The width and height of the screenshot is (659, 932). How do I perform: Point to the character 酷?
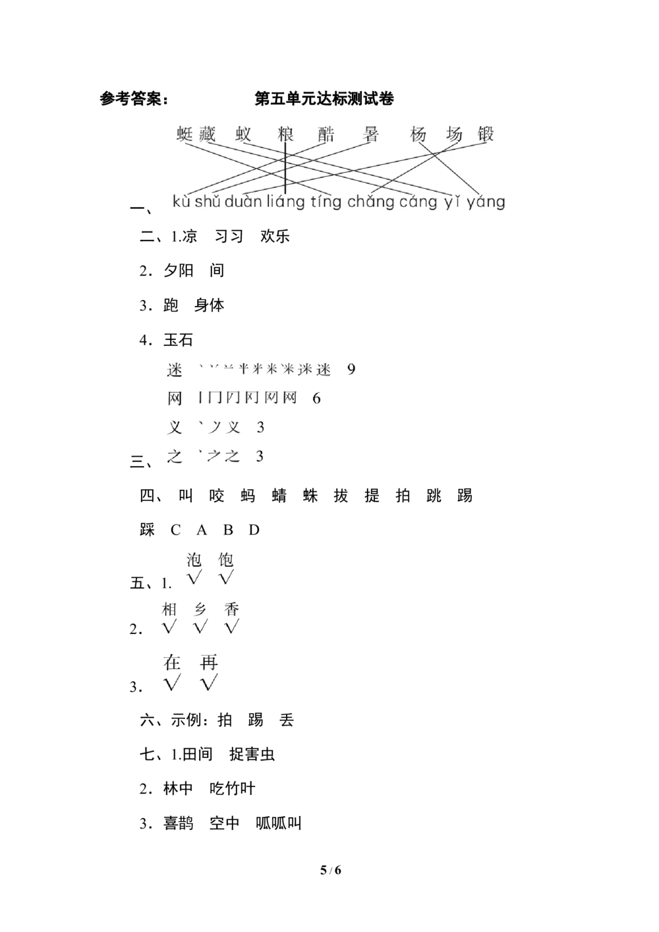click(326, 134)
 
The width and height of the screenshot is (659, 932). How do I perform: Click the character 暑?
click(371, 134)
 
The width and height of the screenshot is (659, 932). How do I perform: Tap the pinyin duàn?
click(243, 202)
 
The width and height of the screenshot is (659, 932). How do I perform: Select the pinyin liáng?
click(286, 202)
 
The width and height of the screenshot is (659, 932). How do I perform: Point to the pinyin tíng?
click(326, 202)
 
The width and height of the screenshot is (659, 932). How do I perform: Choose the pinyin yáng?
click(485, 202)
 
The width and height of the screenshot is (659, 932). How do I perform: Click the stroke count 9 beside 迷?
click(351, 369)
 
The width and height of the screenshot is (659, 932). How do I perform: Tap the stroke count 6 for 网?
click(316, 398)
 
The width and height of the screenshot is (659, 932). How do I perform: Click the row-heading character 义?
click(175, 427)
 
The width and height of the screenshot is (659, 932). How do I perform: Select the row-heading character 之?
click(175, 456)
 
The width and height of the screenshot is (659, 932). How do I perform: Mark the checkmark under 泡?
click(194, 578)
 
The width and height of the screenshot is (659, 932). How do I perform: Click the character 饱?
click(226, 560)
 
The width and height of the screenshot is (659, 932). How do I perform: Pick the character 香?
click(231, 609)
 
